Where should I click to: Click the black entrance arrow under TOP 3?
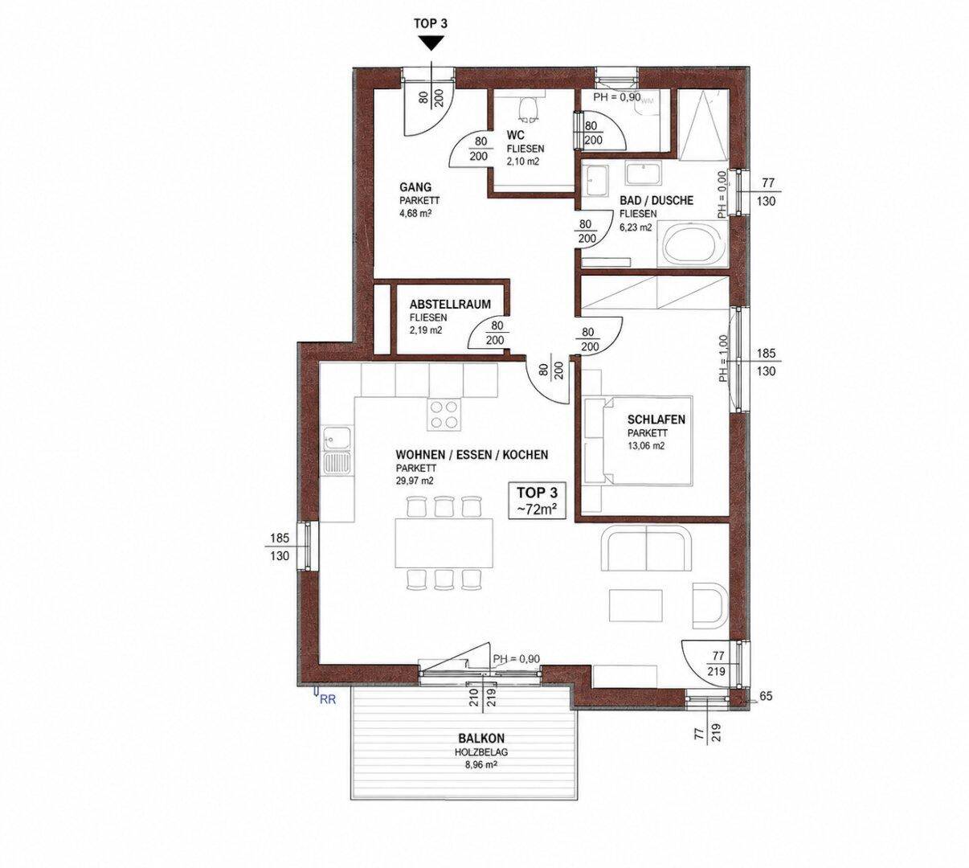point(432,44)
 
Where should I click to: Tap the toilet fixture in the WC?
point(529,109)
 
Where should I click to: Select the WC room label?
point(515,136)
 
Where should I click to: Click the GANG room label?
point(415,187)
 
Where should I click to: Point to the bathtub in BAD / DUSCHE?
point(693,244)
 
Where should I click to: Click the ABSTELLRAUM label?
point(450,305)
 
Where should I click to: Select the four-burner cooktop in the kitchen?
point(445,415)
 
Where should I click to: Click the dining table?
point(444,542)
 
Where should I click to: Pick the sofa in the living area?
point(646,548)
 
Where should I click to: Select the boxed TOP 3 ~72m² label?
point(537,500)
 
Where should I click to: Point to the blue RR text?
point(328,699)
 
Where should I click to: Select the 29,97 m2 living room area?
point(415,481)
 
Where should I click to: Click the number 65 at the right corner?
point(766,696)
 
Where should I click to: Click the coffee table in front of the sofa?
point(636,606)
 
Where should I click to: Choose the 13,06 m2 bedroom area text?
point(646,446)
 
